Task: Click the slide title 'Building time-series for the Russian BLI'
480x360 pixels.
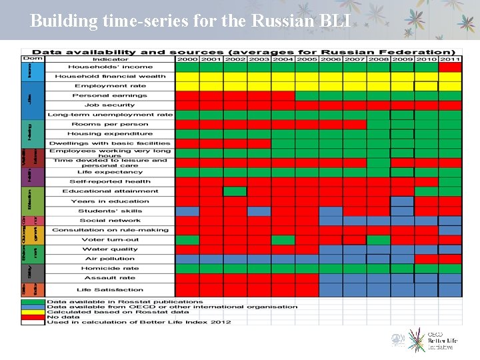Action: (190, 21)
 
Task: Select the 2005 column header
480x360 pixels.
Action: (307, 59)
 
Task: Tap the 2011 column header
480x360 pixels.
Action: (450, 59)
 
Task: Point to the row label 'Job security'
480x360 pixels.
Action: (109, 105)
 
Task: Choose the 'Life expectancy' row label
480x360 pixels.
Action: (109, 172)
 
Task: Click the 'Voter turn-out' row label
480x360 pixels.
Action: (109, 239)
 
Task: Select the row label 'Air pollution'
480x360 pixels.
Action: (109, 259)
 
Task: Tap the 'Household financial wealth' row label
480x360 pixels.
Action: (109, 76)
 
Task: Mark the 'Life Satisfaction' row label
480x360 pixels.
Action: (109, 290)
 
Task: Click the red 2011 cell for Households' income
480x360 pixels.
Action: (450, 67)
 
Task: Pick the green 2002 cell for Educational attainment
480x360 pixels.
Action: (235, 191)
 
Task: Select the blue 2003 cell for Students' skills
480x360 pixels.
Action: (259, 211)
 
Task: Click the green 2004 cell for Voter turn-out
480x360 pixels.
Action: (283, 239)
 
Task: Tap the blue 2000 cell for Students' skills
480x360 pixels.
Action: (187, 211)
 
